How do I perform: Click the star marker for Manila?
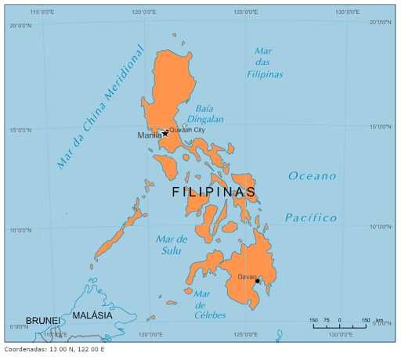point(165,133)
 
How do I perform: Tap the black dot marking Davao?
point(257,281)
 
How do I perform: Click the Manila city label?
point(149,135)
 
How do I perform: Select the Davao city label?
point(247,276)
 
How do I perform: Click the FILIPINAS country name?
point(213,192)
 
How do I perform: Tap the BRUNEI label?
point(42,321)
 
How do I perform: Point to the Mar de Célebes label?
point(209,304)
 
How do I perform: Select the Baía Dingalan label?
point(205,113)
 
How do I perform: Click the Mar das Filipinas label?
point(264,63)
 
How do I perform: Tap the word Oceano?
point(312,176)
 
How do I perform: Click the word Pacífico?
point(311,218)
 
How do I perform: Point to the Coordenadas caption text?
point(54,349)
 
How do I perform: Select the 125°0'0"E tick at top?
point(247,13)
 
